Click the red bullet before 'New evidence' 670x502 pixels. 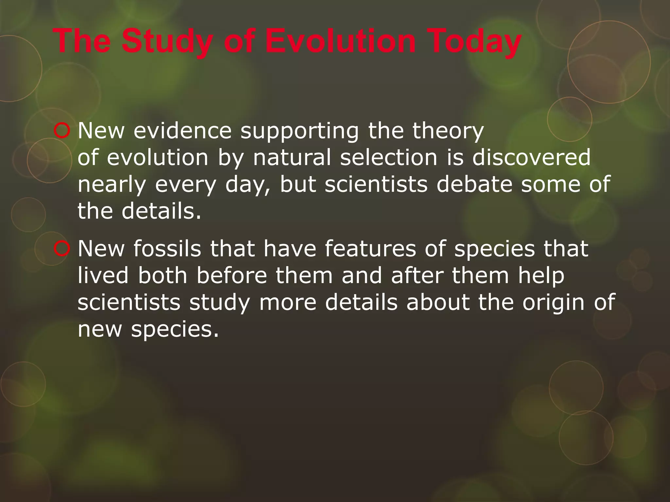click(61, 131)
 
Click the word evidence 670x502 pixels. click(183, 131)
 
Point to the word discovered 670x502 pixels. click(532, 158)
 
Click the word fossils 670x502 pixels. click(167, 249)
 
